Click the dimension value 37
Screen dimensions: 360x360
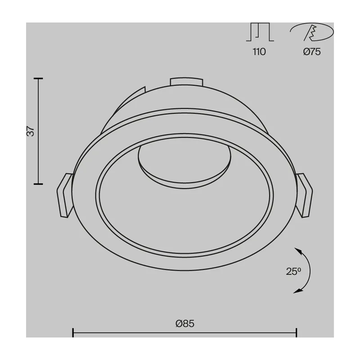(x=31, y=131)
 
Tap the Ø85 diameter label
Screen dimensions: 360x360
(x=185, y=324)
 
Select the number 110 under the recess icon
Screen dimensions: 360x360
(x=259, y=52)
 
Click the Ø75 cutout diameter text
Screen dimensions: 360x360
(x=312, y=52)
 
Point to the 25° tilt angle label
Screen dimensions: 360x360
(x=293, y=271)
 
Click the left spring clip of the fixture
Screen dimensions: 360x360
(x=65, y=195)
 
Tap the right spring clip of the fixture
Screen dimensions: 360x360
(x=304, y=195)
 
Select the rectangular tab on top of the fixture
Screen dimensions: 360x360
(x=186, y=82)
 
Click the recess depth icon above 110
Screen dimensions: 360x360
(x=260, y=32)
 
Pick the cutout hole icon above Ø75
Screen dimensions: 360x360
(x=312, y=32)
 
